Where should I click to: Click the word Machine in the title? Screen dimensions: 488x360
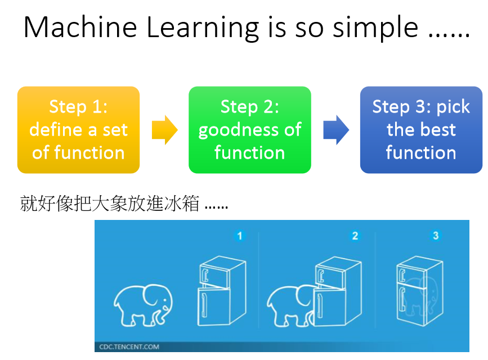(x=80, y=28)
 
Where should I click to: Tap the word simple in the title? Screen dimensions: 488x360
(x=375, y=28)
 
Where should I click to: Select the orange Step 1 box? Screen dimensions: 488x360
(x=78, y=130)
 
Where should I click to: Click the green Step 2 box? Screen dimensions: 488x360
(x=249, y=130)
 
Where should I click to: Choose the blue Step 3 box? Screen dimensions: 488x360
(x=421, y=130)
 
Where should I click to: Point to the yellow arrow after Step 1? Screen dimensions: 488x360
(x=165, y=130)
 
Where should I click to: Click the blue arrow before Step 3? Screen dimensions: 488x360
(x=336, y=130)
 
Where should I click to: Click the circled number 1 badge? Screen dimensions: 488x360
(x=240, y=236)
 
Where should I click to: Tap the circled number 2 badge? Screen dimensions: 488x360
(x=355, y=236)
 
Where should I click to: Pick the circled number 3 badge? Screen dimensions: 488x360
(x=436, y=236)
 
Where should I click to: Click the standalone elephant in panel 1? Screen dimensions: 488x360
(x=143, y=305)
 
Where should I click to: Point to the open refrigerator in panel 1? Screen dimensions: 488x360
(x=222, y=291)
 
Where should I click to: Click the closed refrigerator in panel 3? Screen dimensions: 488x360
(x=420, y=291)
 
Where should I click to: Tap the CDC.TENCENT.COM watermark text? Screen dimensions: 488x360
(x=129, y=347)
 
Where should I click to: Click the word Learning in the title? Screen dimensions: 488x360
(x=203, y=28)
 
